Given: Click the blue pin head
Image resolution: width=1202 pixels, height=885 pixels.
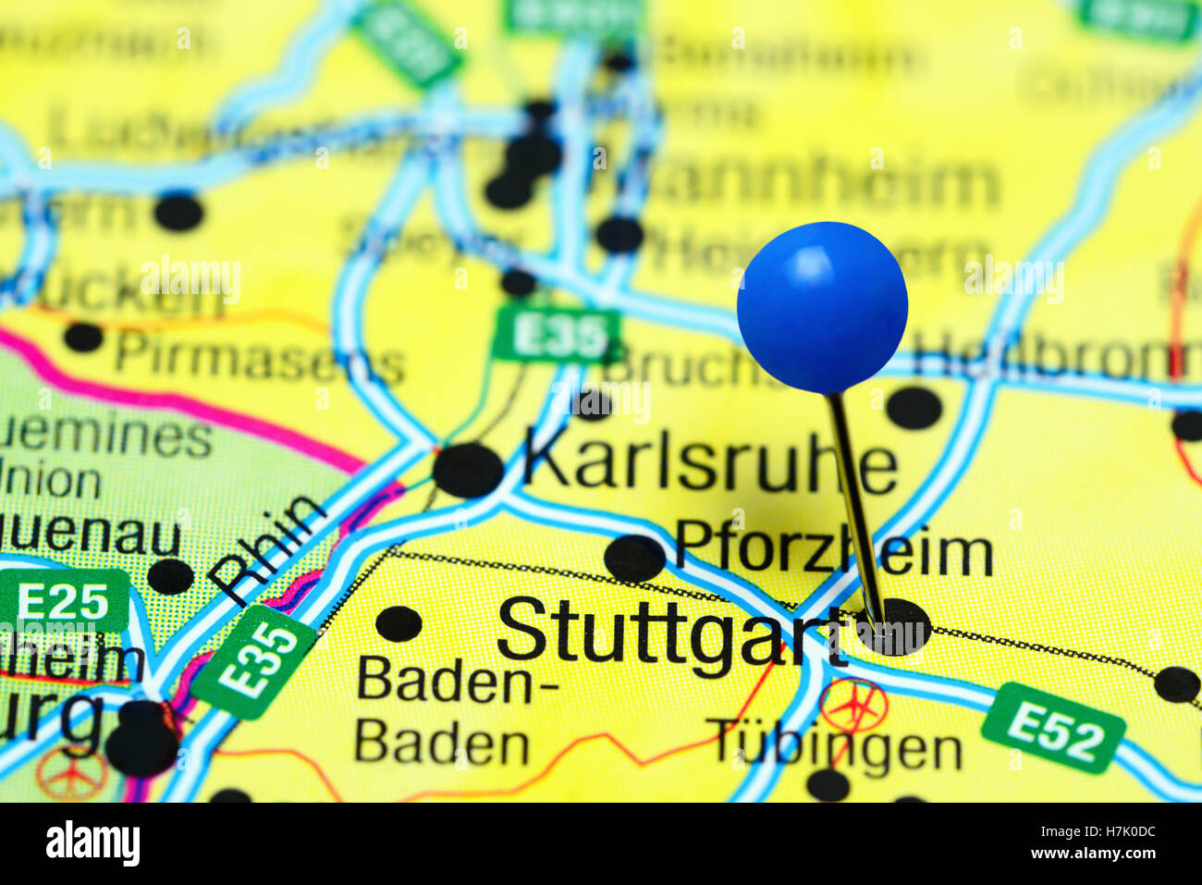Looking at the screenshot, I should click(822, 307).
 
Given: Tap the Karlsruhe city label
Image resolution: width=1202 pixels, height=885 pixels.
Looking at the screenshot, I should click(710, 464).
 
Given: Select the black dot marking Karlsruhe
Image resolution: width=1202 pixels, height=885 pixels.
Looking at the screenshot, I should click(468, 470).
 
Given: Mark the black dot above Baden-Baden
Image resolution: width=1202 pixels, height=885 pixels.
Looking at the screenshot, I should click(399, 623).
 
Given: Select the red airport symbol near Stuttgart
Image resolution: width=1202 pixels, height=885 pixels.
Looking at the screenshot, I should click(852, 705).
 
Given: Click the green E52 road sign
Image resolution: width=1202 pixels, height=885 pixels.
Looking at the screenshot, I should click(1053, 728).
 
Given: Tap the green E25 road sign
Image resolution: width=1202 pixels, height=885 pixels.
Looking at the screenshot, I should click(64, 601).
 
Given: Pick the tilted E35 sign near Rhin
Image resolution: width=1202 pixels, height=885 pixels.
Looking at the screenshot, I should click(254, 662).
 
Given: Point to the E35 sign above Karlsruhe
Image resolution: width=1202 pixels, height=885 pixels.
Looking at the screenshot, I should click(556, 335).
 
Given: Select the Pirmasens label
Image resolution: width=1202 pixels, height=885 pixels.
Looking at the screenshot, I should click(260, 358).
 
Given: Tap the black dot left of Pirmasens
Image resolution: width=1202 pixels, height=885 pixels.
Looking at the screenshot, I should click(83, 337).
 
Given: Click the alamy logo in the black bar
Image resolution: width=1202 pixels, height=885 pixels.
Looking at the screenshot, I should click(92, 843).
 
